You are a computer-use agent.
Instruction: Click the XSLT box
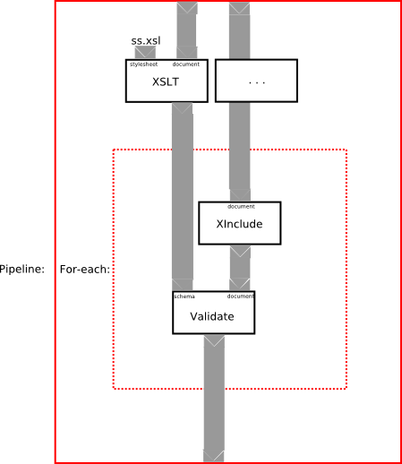click(167, 81)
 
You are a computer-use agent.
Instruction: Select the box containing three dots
click(256, 81)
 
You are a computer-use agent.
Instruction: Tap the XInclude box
click(240, 223)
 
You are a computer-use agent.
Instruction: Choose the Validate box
click(214, 313)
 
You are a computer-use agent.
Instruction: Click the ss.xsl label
click(146, 41)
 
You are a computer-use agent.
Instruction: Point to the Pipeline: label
click(22, 269)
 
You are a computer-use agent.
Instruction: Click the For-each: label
click(85, 270)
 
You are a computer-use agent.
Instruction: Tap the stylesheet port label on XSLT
click(143, 64)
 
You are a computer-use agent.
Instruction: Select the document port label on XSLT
click(186, 64)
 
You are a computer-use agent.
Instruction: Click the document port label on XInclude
click(241, 206)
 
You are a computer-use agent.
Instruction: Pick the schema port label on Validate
click(184, 296)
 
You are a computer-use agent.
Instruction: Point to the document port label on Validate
click(241, 296)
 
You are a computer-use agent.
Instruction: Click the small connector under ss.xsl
click(145, 53)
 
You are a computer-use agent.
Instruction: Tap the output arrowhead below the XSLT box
click(182, 108)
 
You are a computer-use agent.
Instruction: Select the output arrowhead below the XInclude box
click(240, 252)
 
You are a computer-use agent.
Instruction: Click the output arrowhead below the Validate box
click(214, 340)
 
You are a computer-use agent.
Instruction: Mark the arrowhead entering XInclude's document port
click(240, 195)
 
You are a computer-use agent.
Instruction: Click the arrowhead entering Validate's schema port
click(182, 285)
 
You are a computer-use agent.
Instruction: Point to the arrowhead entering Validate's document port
click(240, 284)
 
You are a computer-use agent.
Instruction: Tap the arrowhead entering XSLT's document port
click(187, 53)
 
